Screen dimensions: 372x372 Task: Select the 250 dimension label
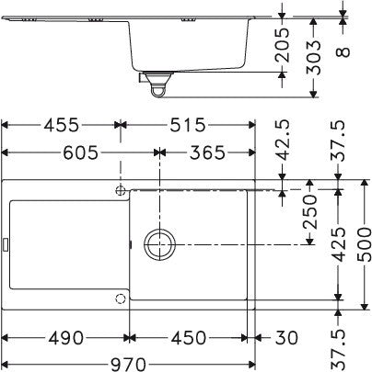click(x=310, y=219)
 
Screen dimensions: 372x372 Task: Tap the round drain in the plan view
click(x=158, y=245)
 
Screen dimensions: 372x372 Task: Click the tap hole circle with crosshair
click(x=121, y=189)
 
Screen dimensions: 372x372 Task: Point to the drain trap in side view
click(x=156, y=85)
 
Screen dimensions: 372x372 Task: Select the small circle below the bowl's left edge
click(x=119, y=299)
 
